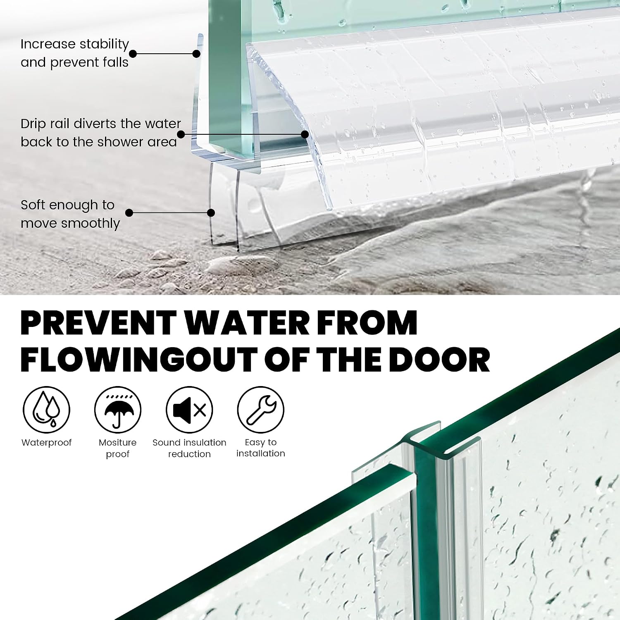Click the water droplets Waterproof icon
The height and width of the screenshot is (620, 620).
tap(46, 410)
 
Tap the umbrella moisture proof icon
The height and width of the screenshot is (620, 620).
tap(118, 410)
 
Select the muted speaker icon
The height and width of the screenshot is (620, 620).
tap(189, 410)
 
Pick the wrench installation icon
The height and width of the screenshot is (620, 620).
tap(261, 410)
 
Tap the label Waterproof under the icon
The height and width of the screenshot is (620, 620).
tap(46, 443)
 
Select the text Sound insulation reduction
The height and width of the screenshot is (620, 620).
tap(189, 448)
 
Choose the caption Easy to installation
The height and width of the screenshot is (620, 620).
tap(261, 448)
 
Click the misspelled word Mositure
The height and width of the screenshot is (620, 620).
tap(118, 443)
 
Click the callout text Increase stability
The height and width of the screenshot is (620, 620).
tap(75, 44)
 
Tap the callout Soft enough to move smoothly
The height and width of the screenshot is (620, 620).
tap(70, 214)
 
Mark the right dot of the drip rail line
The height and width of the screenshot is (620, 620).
tap(305, 134)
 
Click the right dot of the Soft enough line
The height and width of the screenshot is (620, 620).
tap(211, 213)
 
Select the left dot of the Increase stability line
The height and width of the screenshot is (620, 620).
tap(133, 54)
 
